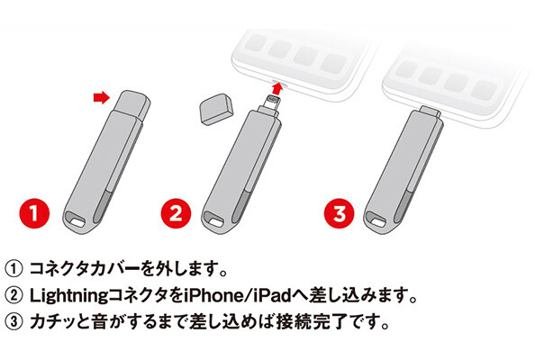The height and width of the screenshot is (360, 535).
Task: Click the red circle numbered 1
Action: (x=34, y=215)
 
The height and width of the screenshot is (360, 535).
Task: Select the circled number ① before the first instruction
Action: (x=15, y=268)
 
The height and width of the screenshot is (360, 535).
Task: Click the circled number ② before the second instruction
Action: (x=15, y=294)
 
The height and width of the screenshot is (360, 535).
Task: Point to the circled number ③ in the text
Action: (x=15, y=320)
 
